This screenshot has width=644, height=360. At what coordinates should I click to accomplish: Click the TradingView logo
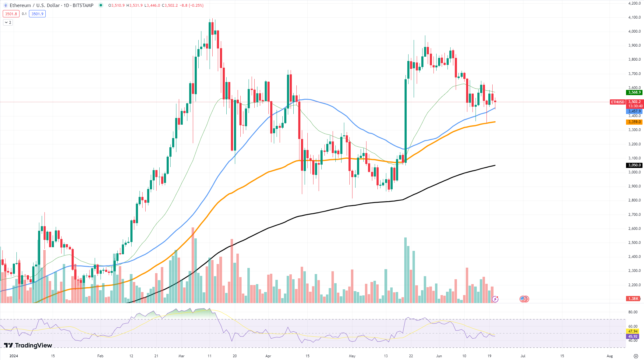[28, 345]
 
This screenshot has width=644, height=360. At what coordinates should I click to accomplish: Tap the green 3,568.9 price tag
[634, 92]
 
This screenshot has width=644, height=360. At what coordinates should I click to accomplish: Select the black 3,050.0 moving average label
[634, 165]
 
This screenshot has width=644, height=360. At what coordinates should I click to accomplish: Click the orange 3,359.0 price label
[634, 122]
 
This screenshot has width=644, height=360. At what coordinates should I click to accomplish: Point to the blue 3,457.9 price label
[634, 111]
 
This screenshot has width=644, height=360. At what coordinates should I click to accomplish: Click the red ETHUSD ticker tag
[617, 102]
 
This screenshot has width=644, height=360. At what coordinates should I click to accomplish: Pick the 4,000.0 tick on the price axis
[634, 31]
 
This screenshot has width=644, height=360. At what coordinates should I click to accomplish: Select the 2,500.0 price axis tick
[634, 243]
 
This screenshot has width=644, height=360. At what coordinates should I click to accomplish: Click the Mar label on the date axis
[181, 356]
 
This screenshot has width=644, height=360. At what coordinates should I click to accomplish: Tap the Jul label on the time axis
[523, 356]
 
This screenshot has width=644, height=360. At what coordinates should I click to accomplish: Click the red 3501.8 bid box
[11, 14]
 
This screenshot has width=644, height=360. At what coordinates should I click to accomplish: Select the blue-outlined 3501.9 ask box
[37, 14]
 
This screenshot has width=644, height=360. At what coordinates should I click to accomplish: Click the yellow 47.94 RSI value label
[633, 331]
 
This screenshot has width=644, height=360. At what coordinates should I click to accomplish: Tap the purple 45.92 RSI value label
[633, 337]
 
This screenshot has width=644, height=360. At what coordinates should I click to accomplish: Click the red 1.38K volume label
[633, 299]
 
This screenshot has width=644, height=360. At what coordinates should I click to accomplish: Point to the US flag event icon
[524, 299]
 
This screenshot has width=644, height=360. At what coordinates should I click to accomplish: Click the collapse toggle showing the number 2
[8, 23]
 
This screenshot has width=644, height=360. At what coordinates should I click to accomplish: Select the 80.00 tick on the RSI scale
[633, 312]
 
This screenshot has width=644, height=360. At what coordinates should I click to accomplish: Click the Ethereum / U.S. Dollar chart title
[51, 5]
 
